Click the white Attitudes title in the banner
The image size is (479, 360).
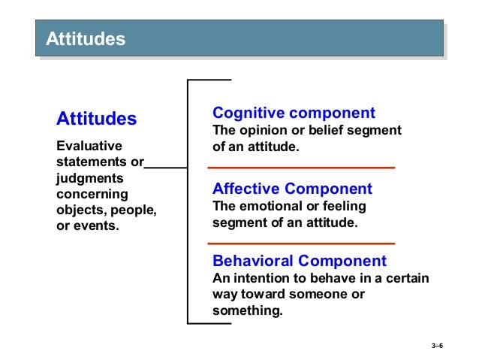click(86, 39)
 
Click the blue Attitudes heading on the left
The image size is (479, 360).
click(97, 119)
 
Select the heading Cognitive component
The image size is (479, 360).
click(294, 113)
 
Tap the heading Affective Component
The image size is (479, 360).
click(292, 189)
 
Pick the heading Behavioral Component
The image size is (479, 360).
click(300, 262)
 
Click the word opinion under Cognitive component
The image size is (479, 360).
click(265, 131)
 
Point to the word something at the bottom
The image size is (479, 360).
click(247, 310)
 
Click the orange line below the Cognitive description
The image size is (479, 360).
click(300, 167)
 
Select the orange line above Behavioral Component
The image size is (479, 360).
click(300, 244)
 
